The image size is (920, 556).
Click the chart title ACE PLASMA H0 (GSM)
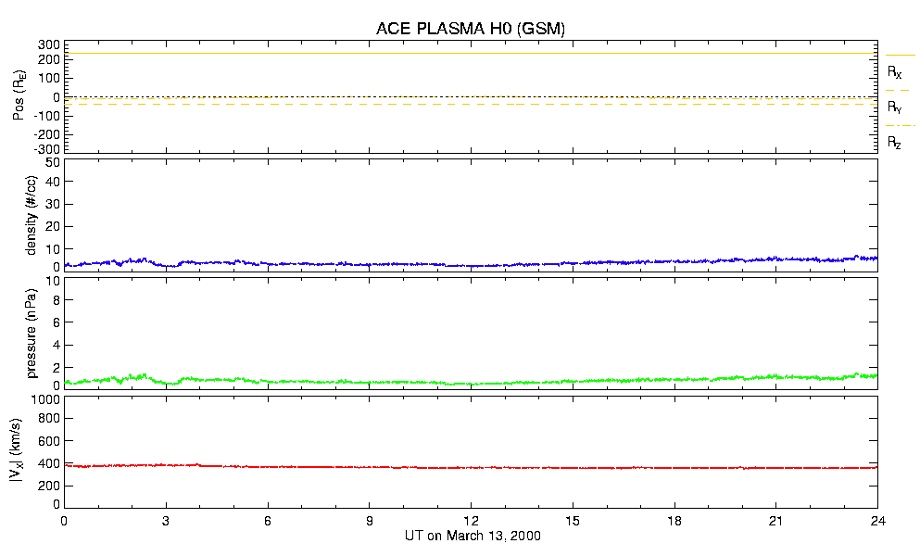coord(471,29)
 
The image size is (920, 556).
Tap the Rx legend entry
coord(895,71)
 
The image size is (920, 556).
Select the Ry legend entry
coord(895,107)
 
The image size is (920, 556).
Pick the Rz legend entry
coord(895,143)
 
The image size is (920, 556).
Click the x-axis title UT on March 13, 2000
coord(473,537)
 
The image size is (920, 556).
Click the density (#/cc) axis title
coord(32,215)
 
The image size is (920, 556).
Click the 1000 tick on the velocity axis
coord(44,400)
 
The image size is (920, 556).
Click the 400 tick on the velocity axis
coord(47,463)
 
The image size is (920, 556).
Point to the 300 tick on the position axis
coord(47,44)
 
